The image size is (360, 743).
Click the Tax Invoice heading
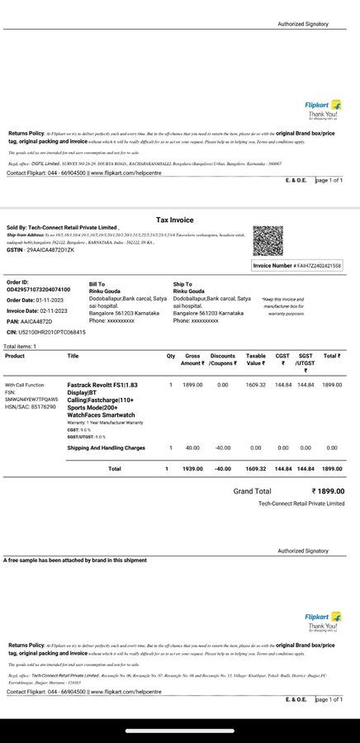175,220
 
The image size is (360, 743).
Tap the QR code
268,240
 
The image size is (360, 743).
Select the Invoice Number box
296,266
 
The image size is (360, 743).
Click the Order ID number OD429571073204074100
39,290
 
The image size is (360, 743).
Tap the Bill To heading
97,283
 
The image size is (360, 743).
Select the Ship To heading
182,284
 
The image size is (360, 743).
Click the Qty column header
171,356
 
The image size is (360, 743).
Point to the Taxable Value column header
256,359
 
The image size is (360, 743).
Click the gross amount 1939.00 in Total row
192,469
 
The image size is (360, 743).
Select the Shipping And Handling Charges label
106,447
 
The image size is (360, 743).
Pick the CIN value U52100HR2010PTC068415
51,331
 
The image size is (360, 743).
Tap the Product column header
15,356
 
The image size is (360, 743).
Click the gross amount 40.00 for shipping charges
192,447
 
